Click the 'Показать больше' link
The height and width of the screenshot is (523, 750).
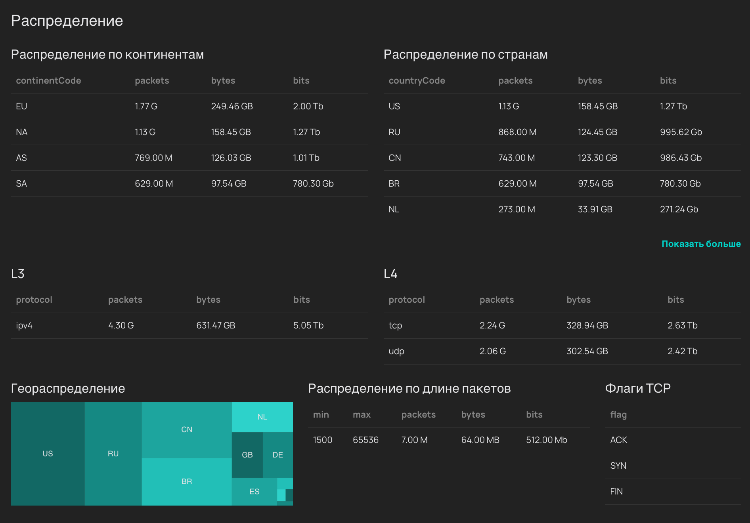coord(701,244)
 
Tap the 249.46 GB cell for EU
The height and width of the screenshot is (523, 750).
coord(232,106)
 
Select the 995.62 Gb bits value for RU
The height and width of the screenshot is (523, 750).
coord(681,132)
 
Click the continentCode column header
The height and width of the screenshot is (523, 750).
coord(48,80)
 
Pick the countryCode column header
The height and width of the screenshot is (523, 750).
coord(417,80)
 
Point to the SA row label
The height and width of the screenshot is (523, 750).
coord(21,183)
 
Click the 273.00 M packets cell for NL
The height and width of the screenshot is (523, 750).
coord(517,209)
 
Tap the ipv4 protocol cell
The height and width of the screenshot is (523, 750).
coord(24,325)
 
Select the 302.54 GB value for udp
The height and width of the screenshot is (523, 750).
coord(587,351)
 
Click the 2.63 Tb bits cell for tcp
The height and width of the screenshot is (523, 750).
coord(682,325)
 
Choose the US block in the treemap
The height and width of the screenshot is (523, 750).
coord(48,454)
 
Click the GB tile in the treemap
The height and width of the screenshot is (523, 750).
coord(247,455)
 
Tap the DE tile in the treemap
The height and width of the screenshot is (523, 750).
coord(278,455)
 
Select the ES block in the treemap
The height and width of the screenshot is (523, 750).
coord(254,492)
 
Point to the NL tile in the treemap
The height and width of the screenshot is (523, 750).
coord(262,417)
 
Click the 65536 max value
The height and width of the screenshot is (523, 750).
coord(365,440)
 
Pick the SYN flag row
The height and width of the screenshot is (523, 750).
coord(618,466)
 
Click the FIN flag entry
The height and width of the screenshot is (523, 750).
coord(616,491)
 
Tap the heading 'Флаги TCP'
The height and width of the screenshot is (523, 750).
coord(638,388)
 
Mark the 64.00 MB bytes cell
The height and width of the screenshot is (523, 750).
coord(480,440)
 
